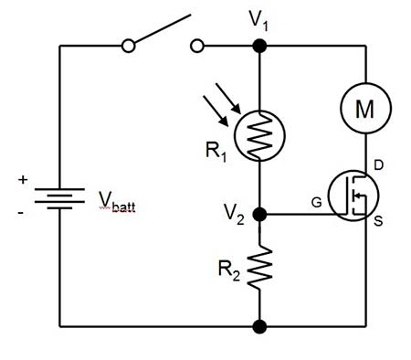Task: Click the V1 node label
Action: point(258,21)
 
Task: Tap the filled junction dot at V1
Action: point(259,47)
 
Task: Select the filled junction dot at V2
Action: point(259,215)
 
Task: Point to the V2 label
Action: point(234,215)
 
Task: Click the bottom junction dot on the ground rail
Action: point(259,326)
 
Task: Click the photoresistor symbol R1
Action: point(259,136)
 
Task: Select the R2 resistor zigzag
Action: point(259,267)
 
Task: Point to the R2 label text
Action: point(229,270)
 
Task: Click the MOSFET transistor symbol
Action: point(353,196)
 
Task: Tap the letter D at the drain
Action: point(378,165)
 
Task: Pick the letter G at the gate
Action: point(317,202)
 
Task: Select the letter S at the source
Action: point(378,221)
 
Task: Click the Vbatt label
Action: point(117,201)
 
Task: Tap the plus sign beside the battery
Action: point(23,180)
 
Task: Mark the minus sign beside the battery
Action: point(20,212)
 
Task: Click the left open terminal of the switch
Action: point(128,47)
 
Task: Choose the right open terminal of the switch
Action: point(197,47)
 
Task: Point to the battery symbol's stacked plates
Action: point(59,198)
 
